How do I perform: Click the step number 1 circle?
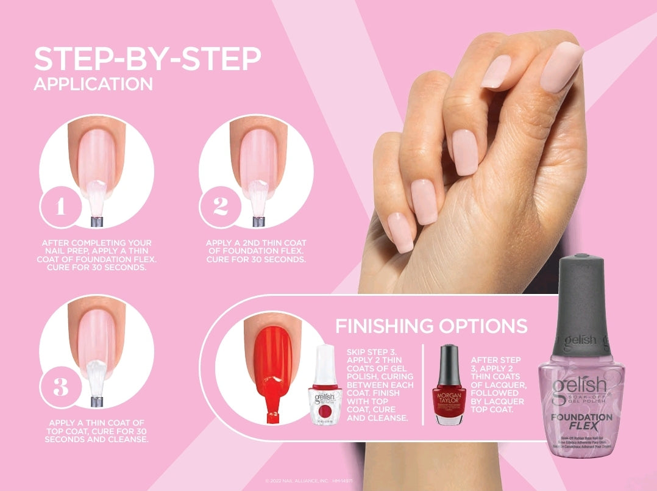click(60, 207)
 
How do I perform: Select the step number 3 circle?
click(60, 386)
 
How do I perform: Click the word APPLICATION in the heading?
click(93, 84)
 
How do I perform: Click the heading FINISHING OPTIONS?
click(431, 326)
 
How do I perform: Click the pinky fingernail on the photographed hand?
click(400, 232)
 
